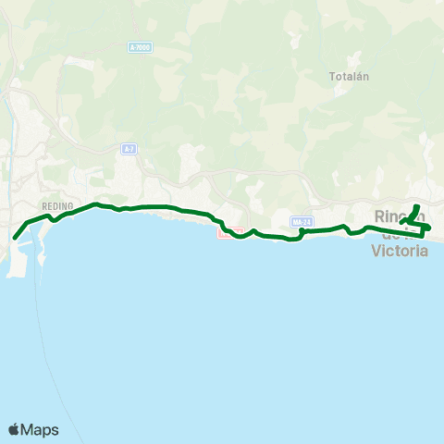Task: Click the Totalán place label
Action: click(x=349, y=77)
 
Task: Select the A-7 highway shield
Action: click(x=129, y=148)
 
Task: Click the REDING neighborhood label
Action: click(x=56, y=206)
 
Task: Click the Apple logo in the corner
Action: click(x=14, y=429)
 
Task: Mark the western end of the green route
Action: click(x=15, y=238)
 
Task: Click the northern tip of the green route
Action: click(x=417, y=205)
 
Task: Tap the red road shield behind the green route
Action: click(x=230, y=231)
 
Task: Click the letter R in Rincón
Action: click(x=380, y=216)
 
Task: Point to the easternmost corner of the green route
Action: click(x=430, y=227)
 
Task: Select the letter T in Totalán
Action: click(x=332, y=77)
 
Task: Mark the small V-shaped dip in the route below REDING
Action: click(x=55, y=220)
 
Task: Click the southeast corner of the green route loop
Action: click(x=424, y=235)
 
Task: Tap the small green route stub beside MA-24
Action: click(x=303, y=233)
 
